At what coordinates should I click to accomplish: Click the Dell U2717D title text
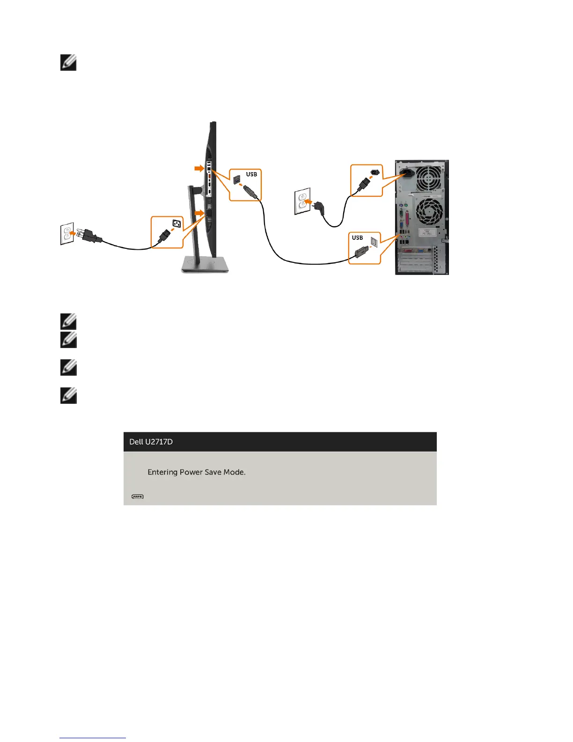[x=151, y=442]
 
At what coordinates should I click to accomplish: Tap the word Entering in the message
[x=162, y=472]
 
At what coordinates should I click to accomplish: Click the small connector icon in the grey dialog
[x=138, y=497]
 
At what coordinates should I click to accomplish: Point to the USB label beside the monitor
[x=251, y=174]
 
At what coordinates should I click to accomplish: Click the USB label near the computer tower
[x=357, y=237]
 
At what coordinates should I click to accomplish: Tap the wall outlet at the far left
[x=67, y=234]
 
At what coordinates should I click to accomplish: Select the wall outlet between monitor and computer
[x=301, y=201]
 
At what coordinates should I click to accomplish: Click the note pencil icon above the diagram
[x=68, y=63]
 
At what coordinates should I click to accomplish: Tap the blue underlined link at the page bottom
[x=93, y=738]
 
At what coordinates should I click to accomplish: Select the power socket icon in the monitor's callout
[x=176, y=223]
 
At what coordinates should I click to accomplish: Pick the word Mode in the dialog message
[x=234, y=472]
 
